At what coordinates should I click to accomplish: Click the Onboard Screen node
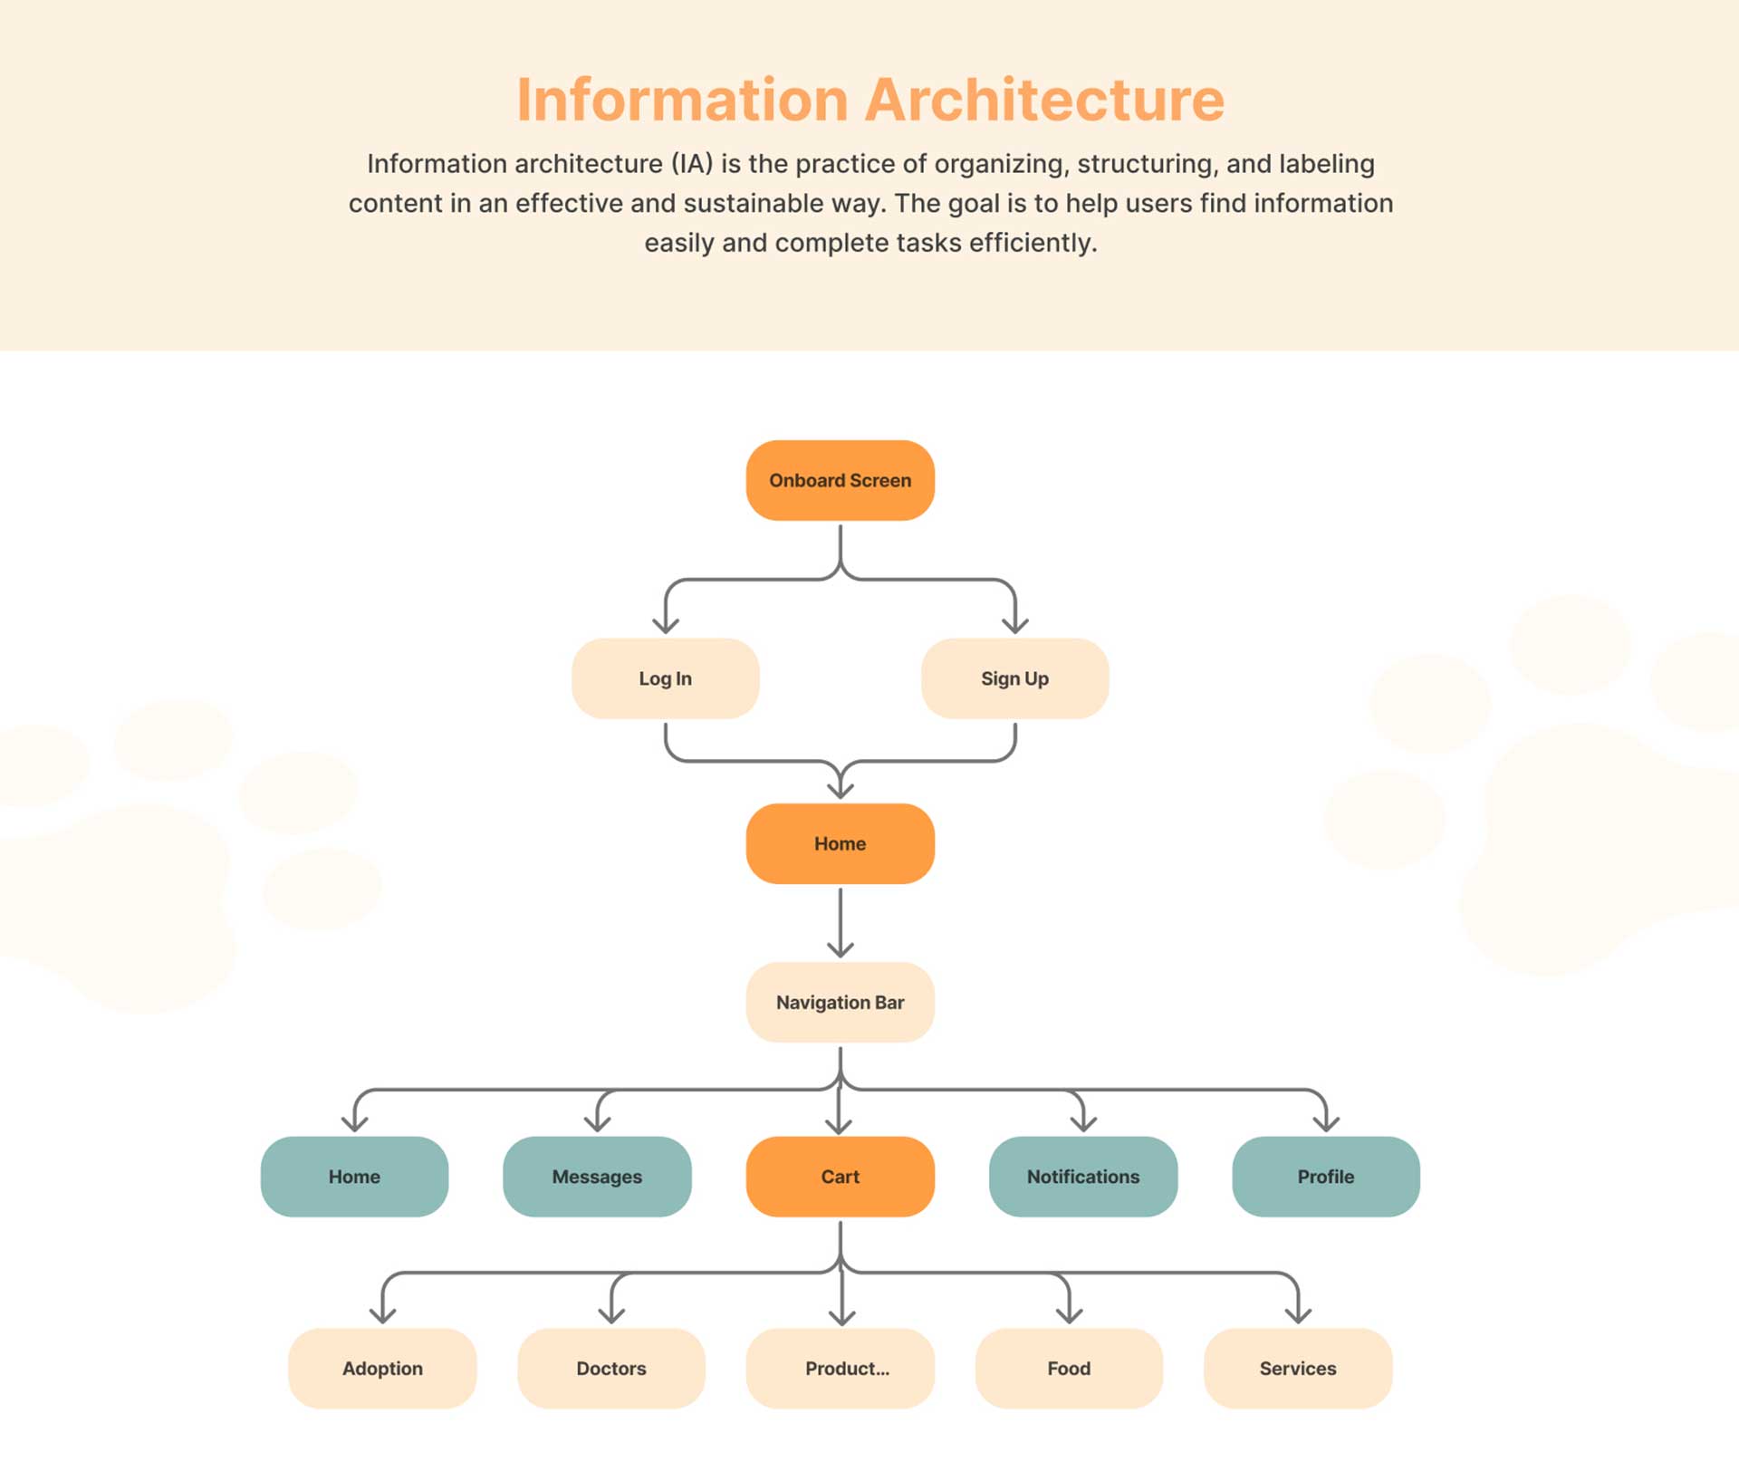point(840,480)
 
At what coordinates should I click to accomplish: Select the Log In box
point(665,678)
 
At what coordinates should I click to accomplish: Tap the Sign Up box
point(1014,678)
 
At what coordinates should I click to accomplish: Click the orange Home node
point(840,843)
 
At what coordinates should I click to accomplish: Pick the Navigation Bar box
point(840,1002)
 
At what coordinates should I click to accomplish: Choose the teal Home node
point(354,1177)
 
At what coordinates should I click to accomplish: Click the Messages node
point(597,1177)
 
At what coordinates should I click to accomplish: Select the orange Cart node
point(840,1177)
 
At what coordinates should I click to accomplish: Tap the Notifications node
point(1083,1177)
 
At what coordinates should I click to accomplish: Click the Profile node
point(1326,1177)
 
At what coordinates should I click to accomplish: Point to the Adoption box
point(382,1368)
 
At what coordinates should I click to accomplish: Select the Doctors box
point(611,1368)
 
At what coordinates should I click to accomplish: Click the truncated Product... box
point(840,1368)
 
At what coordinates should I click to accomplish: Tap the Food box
point(1069,1368)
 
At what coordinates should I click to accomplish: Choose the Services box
point(1298,1368)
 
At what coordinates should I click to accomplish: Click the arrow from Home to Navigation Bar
point(841,922)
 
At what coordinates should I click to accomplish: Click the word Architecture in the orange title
point(1044,99)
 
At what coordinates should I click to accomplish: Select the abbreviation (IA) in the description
point(692,164)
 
